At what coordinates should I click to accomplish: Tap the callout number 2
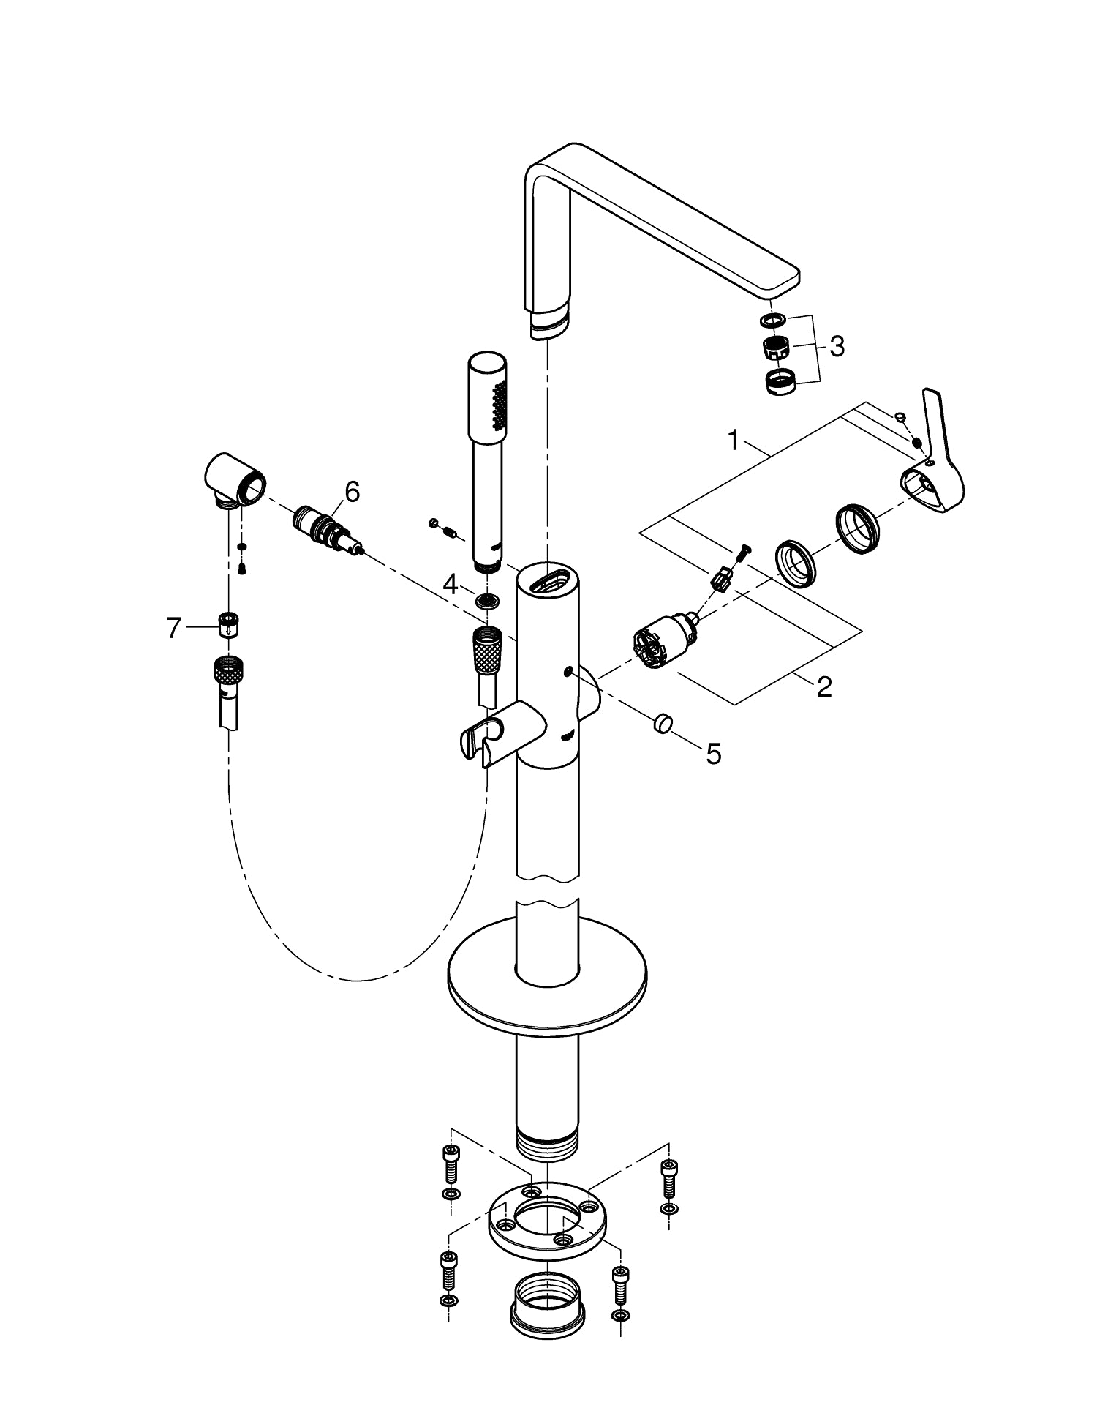coord(824,687)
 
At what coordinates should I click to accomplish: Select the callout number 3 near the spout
coord(837,346)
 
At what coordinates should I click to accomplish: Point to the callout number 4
coord(451,584)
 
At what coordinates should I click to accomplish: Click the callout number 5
coord(713,753)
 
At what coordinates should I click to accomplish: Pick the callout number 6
coord(352,492)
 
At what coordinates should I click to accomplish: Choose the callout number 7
coord(173,628)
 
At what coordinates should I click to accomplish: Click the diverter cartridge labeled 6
coord(327,530)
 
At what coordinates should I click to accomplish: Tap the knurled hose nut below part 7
coord(229,670)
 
